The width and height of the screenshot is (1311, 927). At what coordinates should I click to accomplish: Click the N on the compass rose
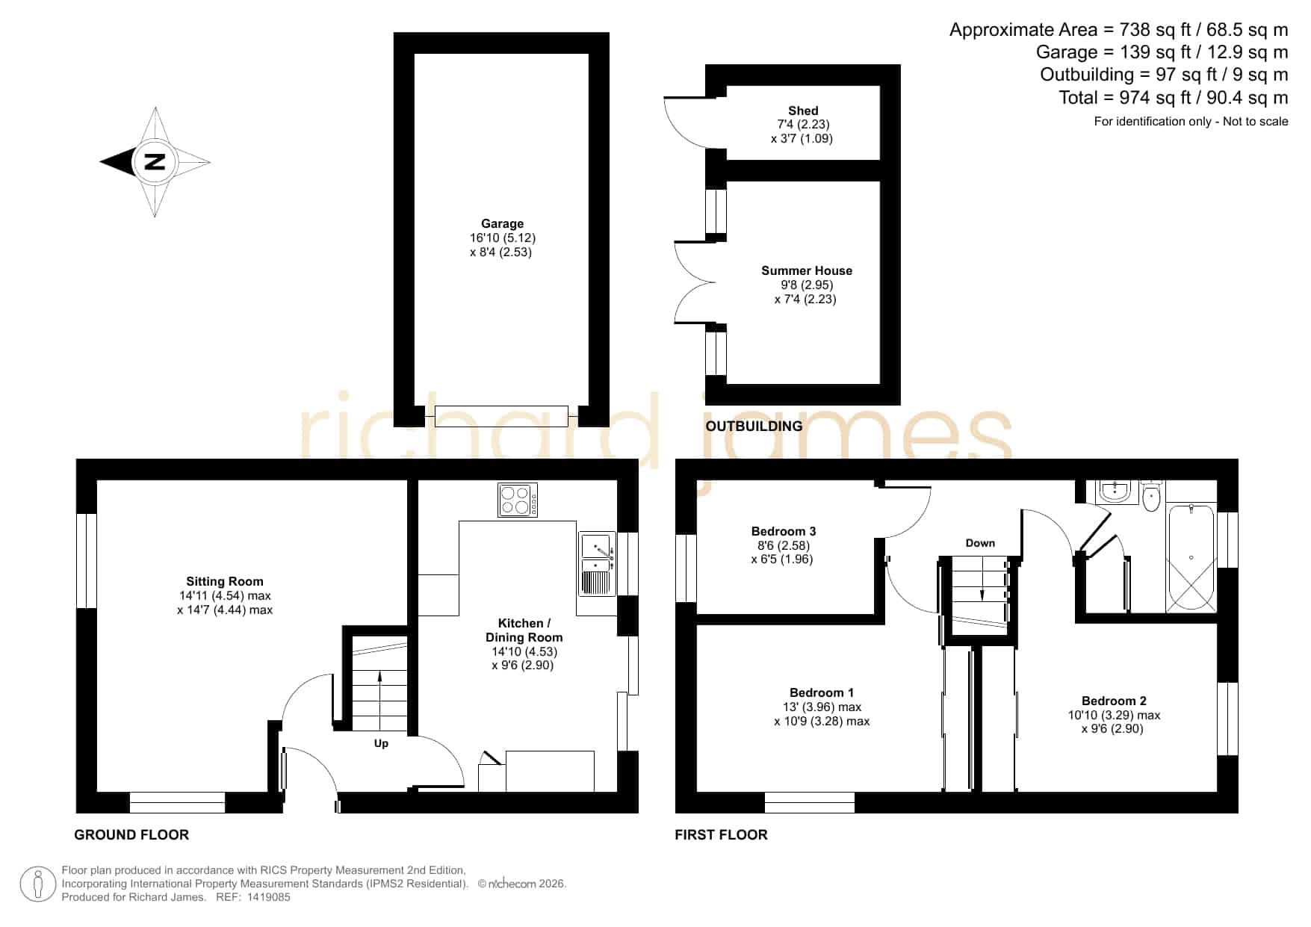tap(155, 161)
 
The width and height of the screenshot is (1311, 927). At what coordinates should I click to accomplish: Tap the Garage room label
tap(502, 223)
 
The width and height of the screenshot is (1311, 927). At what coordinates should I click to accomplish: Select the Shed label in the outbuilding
tap(803, 111)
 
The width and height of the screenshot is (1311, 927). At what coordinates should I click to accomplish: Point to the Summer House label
tap(806, 270)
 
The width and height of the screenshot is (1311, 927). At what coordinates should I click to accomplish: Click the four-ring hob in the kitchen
tap(518, 500)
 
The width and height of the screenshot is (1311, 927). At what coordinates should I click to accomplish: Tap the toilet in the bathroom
tap(1151, 497)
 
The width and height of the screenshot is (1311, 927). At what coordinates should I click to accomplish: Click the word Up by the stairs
tap(381, 743)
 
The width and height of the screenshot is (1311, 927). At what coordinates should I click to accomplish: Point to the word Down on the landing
tap(980, 543)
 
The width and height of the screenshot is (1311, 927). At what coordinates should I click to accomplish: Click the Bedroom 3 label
tap(784, 531)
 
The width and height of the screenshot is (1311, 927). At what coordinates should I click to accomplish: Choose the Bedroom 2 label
tap(1114, 701)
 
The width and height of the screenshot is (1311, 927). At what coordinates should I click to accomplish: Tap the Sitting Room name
tap(225, 581)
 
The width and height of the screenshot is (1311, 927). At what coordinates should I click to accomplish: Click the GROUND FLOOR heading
tap(131, 834)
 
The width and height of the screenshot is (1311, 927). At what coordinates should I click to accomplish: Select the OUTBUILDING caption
tap(754, 426)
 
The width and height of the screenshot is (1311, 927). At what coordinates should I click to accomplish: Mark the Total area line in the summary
tap(1173, 97)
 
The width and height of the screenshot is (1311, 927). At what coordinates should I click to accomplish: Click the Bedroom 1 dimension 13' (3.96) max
tap(822, 707)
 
